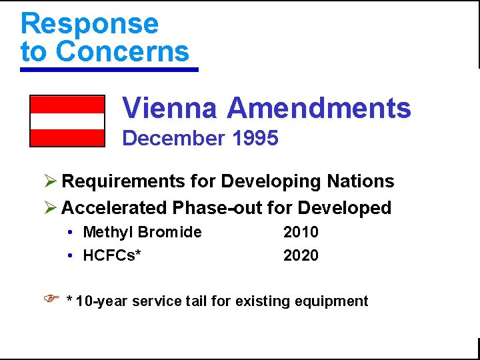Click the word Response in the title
pyautogui.click(x=90, y=23)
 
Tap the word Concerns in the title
pyautogui.click(x=123, y=51)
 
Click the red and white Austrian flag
pyautogui.click(x=67, y=121)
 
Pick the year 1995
pyautogui.click(x=256, y=138)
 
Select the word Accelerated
pyautogui.click(x=114, y=208)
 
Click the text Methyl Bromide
pyautogui.click(x=142, y=232)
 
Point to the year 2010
pyautogui.click(x=301, y=232)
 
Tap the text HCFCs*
pyautogui.click(x=112, y=255)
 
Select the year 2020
pyautogui.click(x=301, y=255)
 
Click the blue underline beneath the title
pyautogui.click(x=109, y=69)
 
